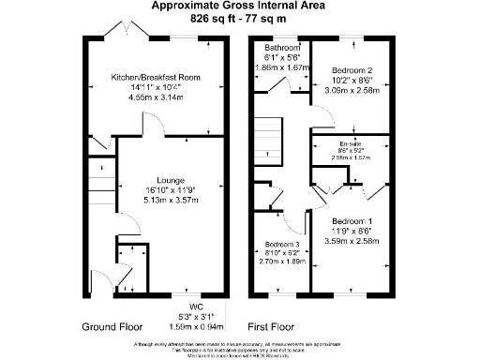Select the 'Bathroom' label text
point(280,47)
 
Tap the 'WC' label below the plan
point(196,305)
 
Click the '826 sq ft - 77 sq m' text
point(240,18)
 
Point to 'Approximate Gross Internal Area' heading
point(240,6)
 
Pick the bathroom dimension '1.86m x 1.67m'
point(280,68)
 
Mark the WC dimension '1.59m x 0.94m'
point(196,325)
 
